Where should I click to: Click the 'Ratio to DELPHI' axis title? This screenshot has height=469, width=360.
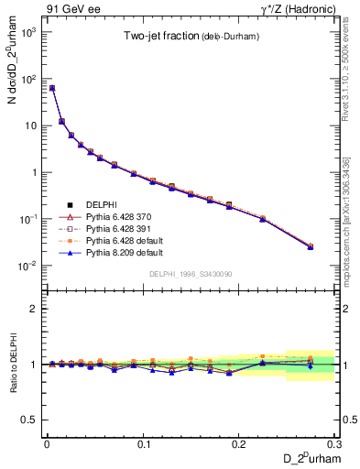(12, 365)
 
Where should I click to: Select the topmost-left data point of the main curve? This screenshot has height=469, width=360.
(52, 88)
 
